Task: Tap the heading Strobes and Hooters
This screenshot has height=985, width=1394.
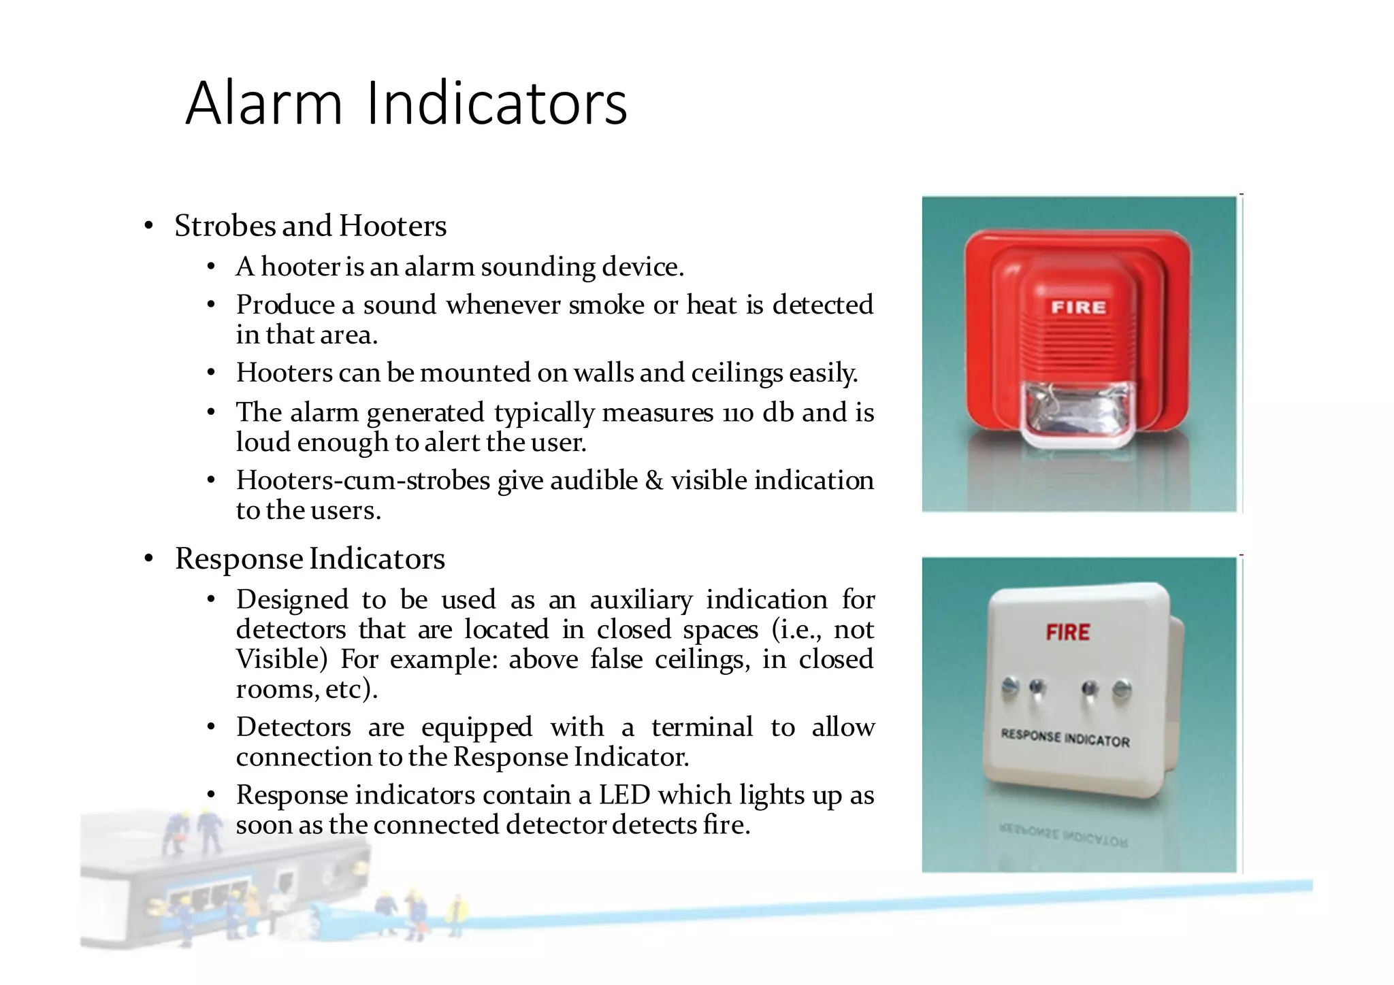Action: point(310,226)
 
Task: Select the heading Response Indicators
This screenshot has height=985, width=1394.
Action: point(310,558)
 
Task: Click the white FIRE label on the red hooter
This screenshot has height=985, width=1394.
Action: point(1078,307)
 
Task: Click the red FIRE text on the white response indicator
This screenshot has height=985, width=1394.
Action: point(1067,633)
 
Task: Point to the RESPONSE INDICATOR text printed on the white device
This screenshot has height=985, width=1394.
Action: point(1065,738)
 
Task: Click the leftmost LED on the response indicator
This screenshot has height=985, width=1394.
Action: point(1011,687)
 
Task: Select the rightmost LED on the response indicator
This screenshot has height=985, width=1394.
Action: point(1121,690)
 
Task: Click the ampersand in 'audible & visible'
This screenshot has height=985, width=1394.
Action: point(654,480)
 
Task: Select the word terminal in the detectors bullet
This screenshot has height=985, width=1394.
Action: point(702,727)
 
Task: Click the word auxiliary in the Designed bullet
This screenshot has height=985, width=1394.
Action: point(641,600)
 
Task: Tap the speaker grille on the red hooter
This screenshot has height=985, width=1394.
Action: point(1078,347)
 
